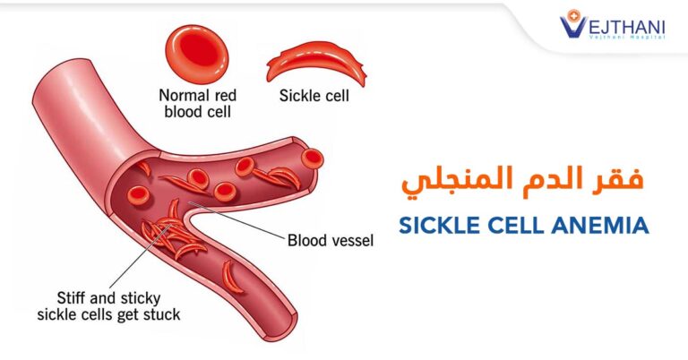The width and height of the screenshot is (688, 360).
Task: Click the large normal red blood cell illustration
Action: (x=197, y=54)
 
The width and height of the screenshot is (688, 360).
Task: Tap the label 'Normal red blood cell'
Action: (x=197, y=104)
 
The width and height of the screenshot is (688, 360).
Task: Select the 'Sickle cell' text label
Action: (x=314, y=96)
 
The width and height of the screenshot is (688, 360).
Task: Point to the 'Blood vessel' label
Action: (x=331, y=240)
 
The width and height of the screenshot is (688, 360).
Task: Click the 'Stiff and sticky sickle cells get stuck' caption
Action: (x=108, y=306)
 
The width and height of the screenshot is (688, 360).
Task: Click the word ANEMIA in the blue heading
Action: (x=600, y=226)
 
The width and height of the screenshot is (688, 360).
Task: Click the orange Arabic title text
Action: (x=522, y=181)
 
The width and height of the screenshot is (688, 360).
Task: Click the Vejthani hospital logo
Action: (x=612, y=24)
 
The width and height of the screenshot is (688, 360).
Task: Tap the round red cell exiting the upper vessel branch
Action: (x=313, y=159)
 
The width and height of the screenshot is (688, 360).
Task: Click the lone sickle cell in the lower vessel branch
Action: (x=231, y=277)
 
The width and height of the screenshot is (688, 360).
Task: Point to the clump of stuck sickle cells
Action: (x=173, y=235)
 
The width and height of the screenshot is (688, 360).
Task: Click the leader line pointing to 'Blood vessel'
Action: (x=236, y=220)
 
